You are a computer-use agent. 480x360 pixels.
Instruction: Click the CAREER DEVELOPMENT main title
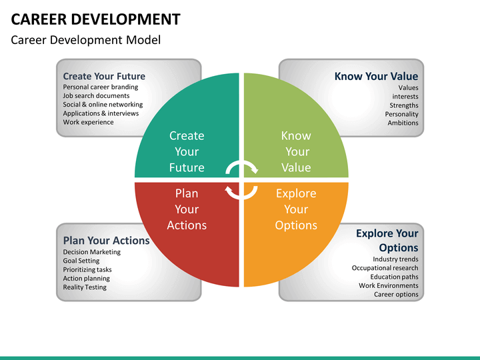click(95, 19)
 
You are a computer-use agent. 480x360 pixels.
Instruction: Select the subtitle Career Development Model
click(86, 40)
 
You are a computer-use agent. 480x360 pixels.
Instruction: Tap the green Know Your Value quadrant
click(296, 125)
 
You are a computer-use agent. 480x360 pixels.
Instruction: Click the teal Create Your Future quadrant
click(187, 125)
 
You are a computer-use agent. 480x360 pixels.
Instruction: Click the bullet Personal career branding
click(101, 87)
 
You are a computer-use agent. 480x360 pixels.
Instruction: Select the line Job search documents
click(96, 96)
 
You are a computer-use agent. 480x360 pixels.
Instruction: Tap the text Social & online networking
click(103, 105)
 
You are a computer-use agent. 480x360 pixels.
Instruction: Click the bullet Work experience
click(88, 122)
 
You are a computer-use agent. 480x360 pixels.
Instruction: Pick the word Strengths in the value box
click(404, 105)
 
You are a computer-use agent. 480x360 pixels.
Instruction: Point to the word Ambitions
click(403, 123)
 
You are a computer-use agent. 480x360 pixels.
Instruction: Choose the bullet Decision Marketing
click(92, 252)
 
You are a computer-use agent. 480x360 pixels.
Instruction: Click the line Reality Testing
click(85, 287)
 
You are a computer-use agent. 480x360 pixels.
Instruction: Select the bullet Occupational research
click(385, 268)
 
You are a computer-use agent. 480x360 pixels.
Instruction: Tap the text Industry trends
click(395, 259)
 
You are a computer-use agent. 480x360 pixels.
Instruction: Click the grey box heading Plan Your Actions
click(106, 241)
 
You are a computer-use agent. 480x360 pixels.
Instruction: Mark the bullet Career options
click(396, 295)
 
